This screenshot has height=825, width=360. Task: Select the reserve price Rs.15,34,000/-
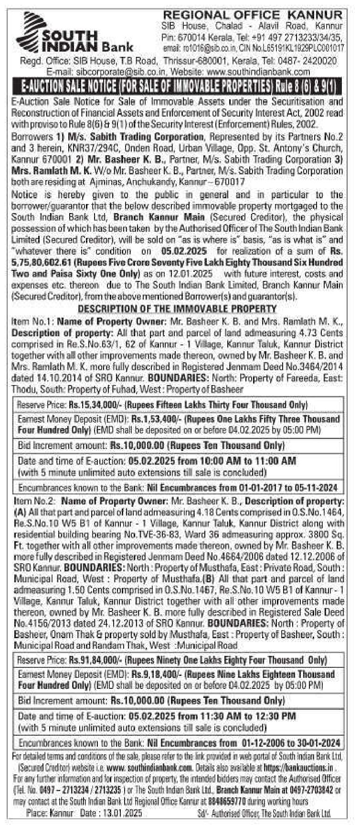96,405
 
